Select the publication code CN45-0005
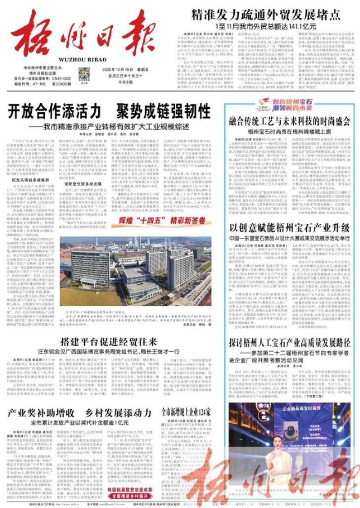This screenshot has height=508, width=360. (x=56, y=79)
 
